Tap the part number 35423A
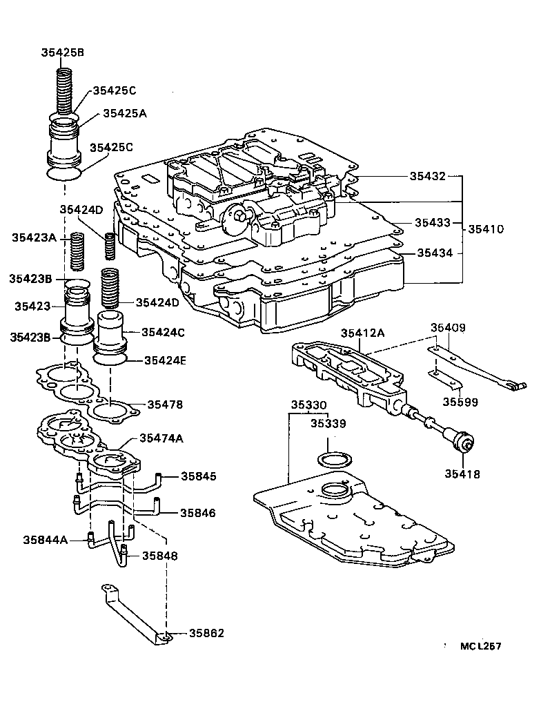35,237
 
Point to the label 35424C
163,332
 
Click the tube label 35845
199,476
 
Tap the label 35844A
46,539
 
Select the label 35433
433,222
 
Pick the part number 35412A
362,333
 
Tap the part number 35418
463,474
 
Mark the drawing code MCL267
481,647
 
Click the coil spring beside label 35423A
78,251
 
